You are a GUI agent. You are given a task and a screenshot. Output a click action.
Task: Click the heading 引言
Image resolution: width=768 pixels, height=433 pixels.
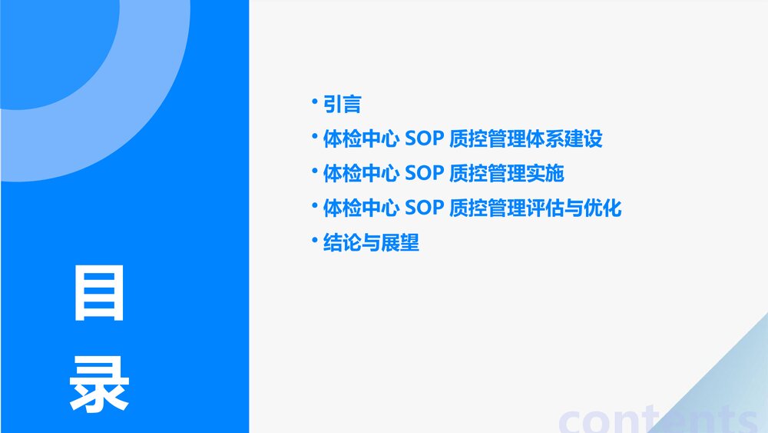342,105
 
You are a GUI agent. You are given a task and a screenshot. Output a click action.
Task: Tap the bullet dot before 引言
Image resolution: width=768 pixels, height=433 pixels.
314,100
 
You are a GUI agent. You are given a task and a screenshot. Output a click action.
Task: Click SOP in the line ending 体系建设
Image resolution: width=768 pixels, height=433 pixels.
425,139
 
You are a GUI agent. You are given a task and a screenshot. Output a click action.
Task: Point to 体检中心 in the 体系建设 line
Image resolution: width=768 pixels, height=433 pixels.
360,139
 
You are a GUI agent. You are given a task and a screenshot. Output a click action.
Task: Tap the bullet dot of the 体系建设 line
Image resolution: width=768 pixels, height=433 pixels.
314,135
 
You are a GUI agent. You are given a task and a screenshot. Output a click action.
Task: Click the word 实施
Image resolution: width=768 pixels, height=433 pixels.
545,174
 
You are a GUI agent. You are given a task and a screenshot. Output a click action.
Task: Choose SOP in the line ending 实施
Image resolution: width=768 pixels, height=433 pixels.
425,174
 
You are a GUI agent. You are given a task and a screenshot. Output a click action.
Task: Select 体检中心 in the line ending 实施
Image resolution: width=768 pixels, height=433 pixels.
360,174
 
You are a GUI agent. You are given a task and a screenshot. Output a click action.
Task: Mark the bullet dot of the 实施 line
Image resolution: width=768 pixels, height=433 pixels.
314,170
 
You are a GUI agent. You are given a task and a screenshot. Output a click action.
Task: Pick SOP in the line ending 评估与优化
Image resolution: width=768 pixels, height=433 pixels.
425,208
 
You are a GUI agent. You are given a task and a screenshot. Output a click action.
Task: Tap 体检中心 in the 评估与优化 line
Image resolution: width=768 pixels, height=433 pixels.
360,208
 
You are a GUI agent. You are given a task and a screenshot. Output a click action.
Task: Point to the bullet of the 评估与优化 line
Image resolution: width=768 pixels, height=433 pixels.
314,205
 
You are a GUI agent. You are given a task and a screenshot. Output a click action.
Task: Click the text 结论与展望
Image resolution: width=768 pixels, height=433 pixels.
371,244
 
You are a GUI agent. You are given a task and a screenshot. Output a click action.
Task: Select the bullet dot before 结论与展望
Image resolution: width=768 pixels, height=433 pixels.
314,239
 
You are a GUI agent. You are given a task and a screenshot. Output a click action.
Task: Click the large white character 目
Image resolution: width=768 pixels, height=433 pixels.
99,294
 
